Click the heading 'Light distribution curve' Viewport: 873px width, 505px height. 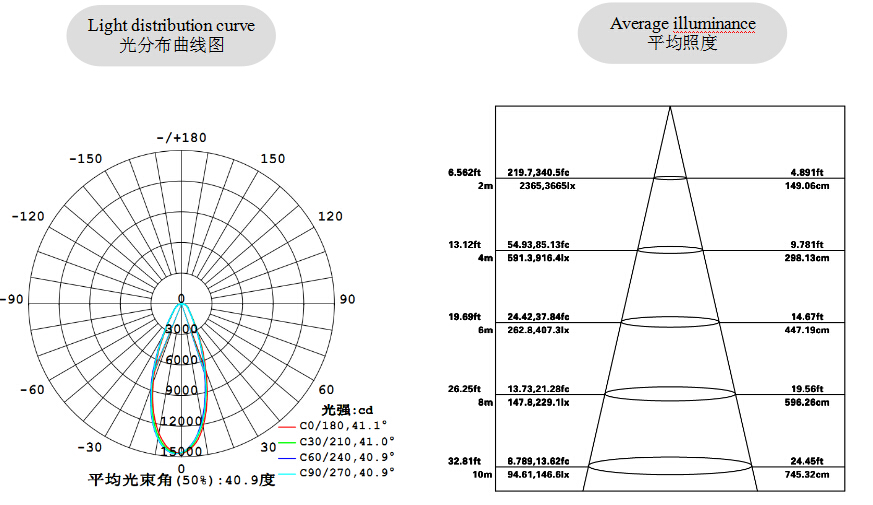point(171,25)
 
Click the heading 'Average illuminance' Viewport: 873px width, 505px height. point(682,23)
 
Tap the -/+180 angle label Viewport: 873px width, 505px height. point(181,137)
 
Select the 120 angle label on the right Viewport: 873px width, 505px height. point(330,216)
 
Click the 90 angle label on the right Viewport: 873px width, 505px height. point(348,299)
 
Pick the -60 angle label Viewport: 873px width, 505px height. point(32,389)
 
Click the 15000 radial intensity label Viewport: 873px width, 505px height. point(182,452)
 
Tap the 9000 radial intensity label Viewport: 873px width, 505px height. point(182,390)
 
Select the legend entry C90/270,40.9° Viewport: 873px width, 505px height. point(347,471)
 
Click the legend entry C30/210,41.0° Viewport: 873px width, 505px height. point(347,441)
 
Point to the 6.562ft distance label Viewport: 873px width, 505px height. point(465,172)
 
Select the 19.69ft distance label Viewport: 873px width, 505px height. point(465,316)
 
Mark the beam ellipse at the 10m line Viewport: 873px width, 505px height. point(670,465)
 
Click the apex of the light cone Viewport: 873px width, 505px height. point(669,107)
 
